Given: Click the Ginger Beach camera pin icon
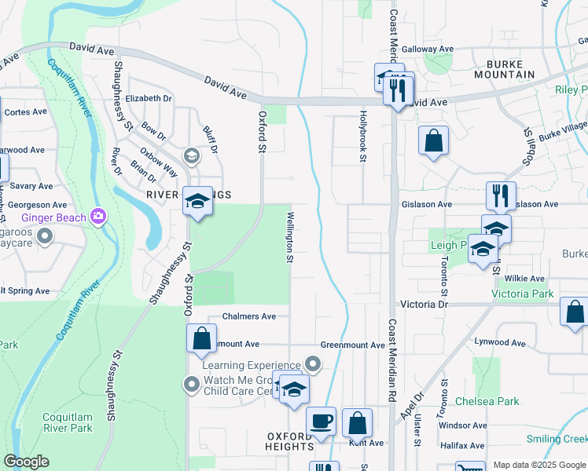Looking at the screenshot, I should click(x=98, y=215).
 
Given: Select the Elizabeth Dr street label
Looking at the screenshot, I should click(x=148, y=99).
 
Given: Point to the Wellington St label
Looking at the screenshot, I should click(x=290, y=236).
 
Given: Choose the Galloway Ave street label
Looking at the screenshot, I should click(x=428, y=49).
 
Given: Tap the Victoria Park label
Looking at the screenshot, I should click(x=522, y=294).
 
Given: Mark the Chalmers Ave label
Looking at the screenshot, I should click(x=249, y=316).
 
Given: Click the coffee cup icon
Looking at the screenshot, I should click(x=320, y=422).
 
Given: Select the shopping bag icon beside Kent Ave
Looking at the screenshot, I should click(x=357, y=424).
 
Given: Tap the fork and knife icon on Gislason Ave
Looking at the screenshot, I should click(x=501, y=195).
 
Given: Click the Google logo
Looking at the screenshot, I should click(x=26, y=462).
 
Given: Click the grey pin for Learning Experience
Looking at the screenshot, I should click(x=313, y=363).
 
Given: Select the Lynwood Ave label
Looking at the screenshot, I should click(x=500, y=343).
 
